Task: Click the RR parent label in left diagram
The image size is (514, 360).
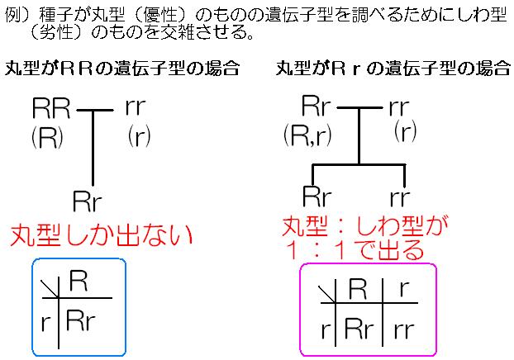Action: tap(52, 107)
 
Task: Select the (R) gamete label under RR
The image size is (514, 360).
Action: tap(46, 136)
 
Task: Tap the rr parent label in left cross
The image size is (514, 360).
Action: tap(138, 107)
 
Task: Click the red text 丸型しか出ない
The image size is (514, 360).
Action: tap(100, 236)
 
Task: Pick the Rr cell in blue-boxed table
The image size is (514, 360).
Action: tap(79, 321)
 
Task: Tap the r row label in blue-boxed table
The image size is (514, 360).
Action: tap(45, 321)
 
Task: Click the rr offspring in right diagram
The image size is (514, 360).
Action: tap(403, 197)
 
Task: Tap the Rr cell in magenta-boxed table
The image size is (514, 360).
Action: tap(359, 329)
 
